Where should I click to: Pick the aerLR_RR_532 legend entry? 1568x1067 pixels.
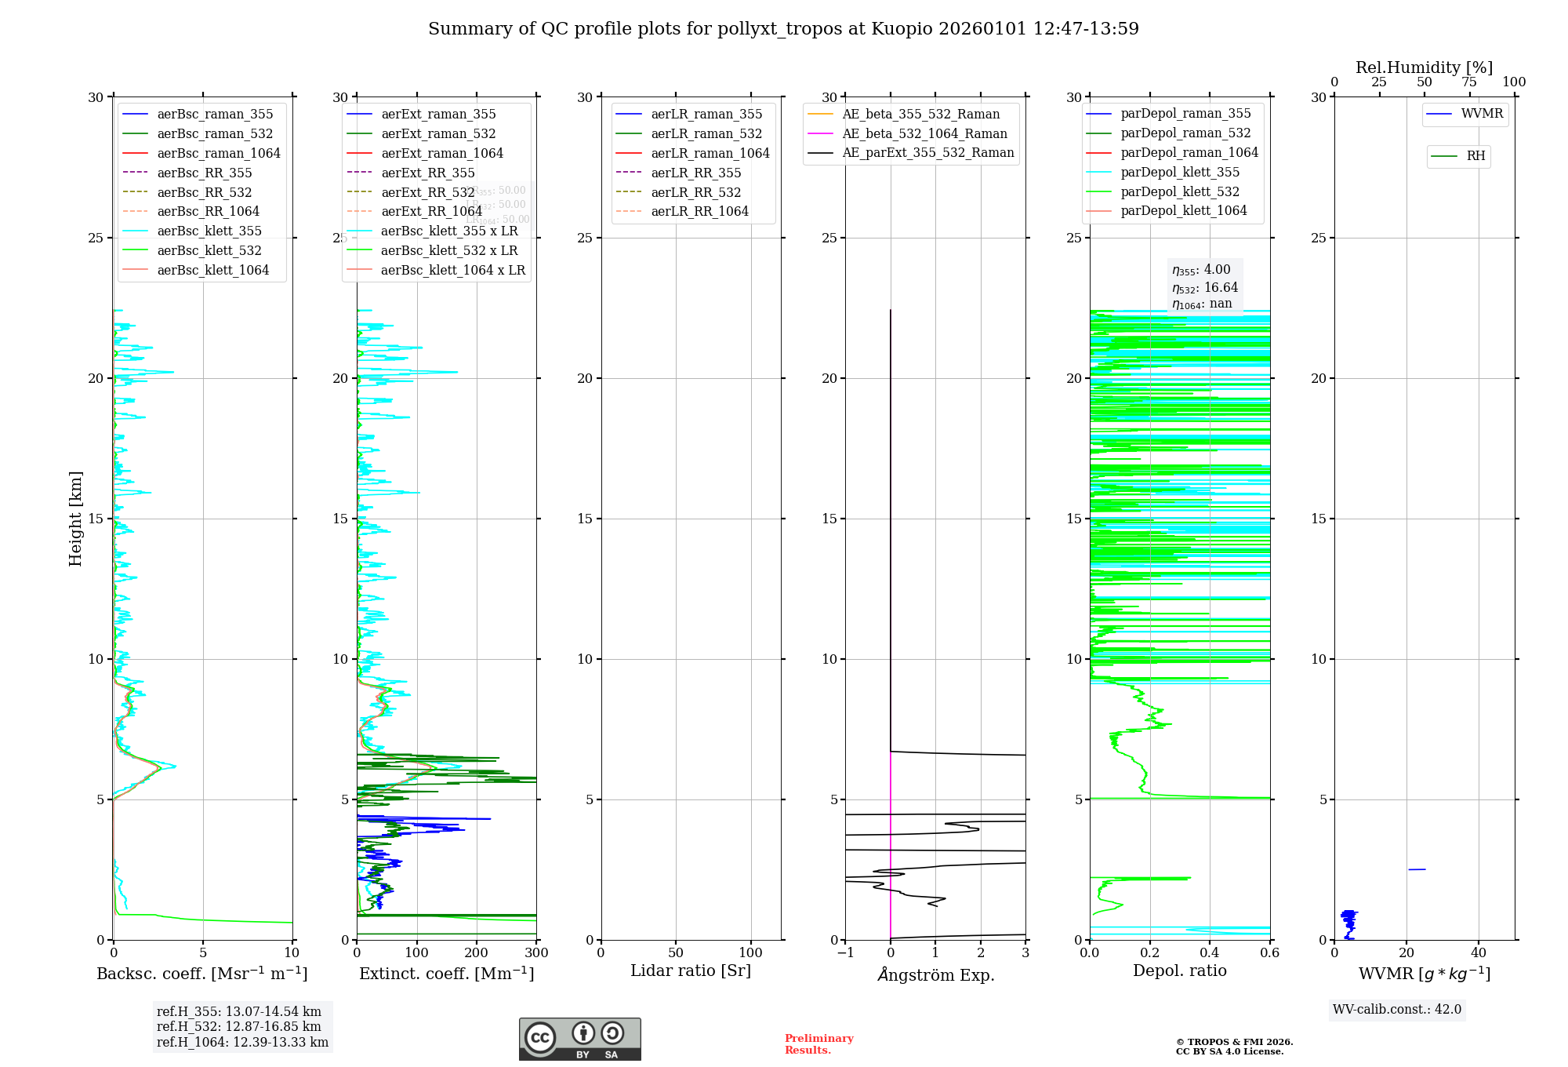(x=695, y=192)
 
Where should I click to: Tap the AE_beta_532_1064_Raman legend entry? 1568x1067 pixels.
(x=924, y=134)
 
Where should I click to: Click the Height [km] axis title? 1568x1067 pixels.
(x=75, y=519)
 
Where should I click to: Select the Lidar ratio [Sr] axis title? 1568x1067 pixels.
(x=691, y=971)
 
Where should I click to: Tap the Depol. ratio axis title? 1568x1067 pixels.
(x=1179, y=971)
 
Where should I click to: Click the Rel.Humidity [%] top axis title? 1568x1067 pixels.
(x=1424, y=67)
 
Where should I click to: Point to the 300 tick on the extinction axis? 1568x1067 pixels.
(x=536, y=953)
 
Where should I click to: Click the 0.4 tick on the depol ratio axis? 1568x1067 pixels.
(x=1210, y=953)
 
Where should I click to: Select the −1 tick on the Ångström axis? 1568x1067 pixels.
(x=844, y=953)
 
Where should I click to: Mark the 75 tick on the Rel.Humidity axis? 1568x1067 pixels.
(x=1469, y=82)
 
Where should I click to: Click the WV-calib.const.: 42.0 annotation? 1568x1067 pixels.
(x=1397, y=1010)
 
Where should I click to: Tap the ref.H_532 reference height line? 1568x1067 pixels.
(x=238, y=1027)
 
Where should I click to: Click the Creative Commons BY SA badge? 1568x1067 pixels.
(x=579, y=1039)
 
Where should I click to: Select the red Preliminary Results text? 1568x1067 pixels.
(x=818, y=1044)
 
